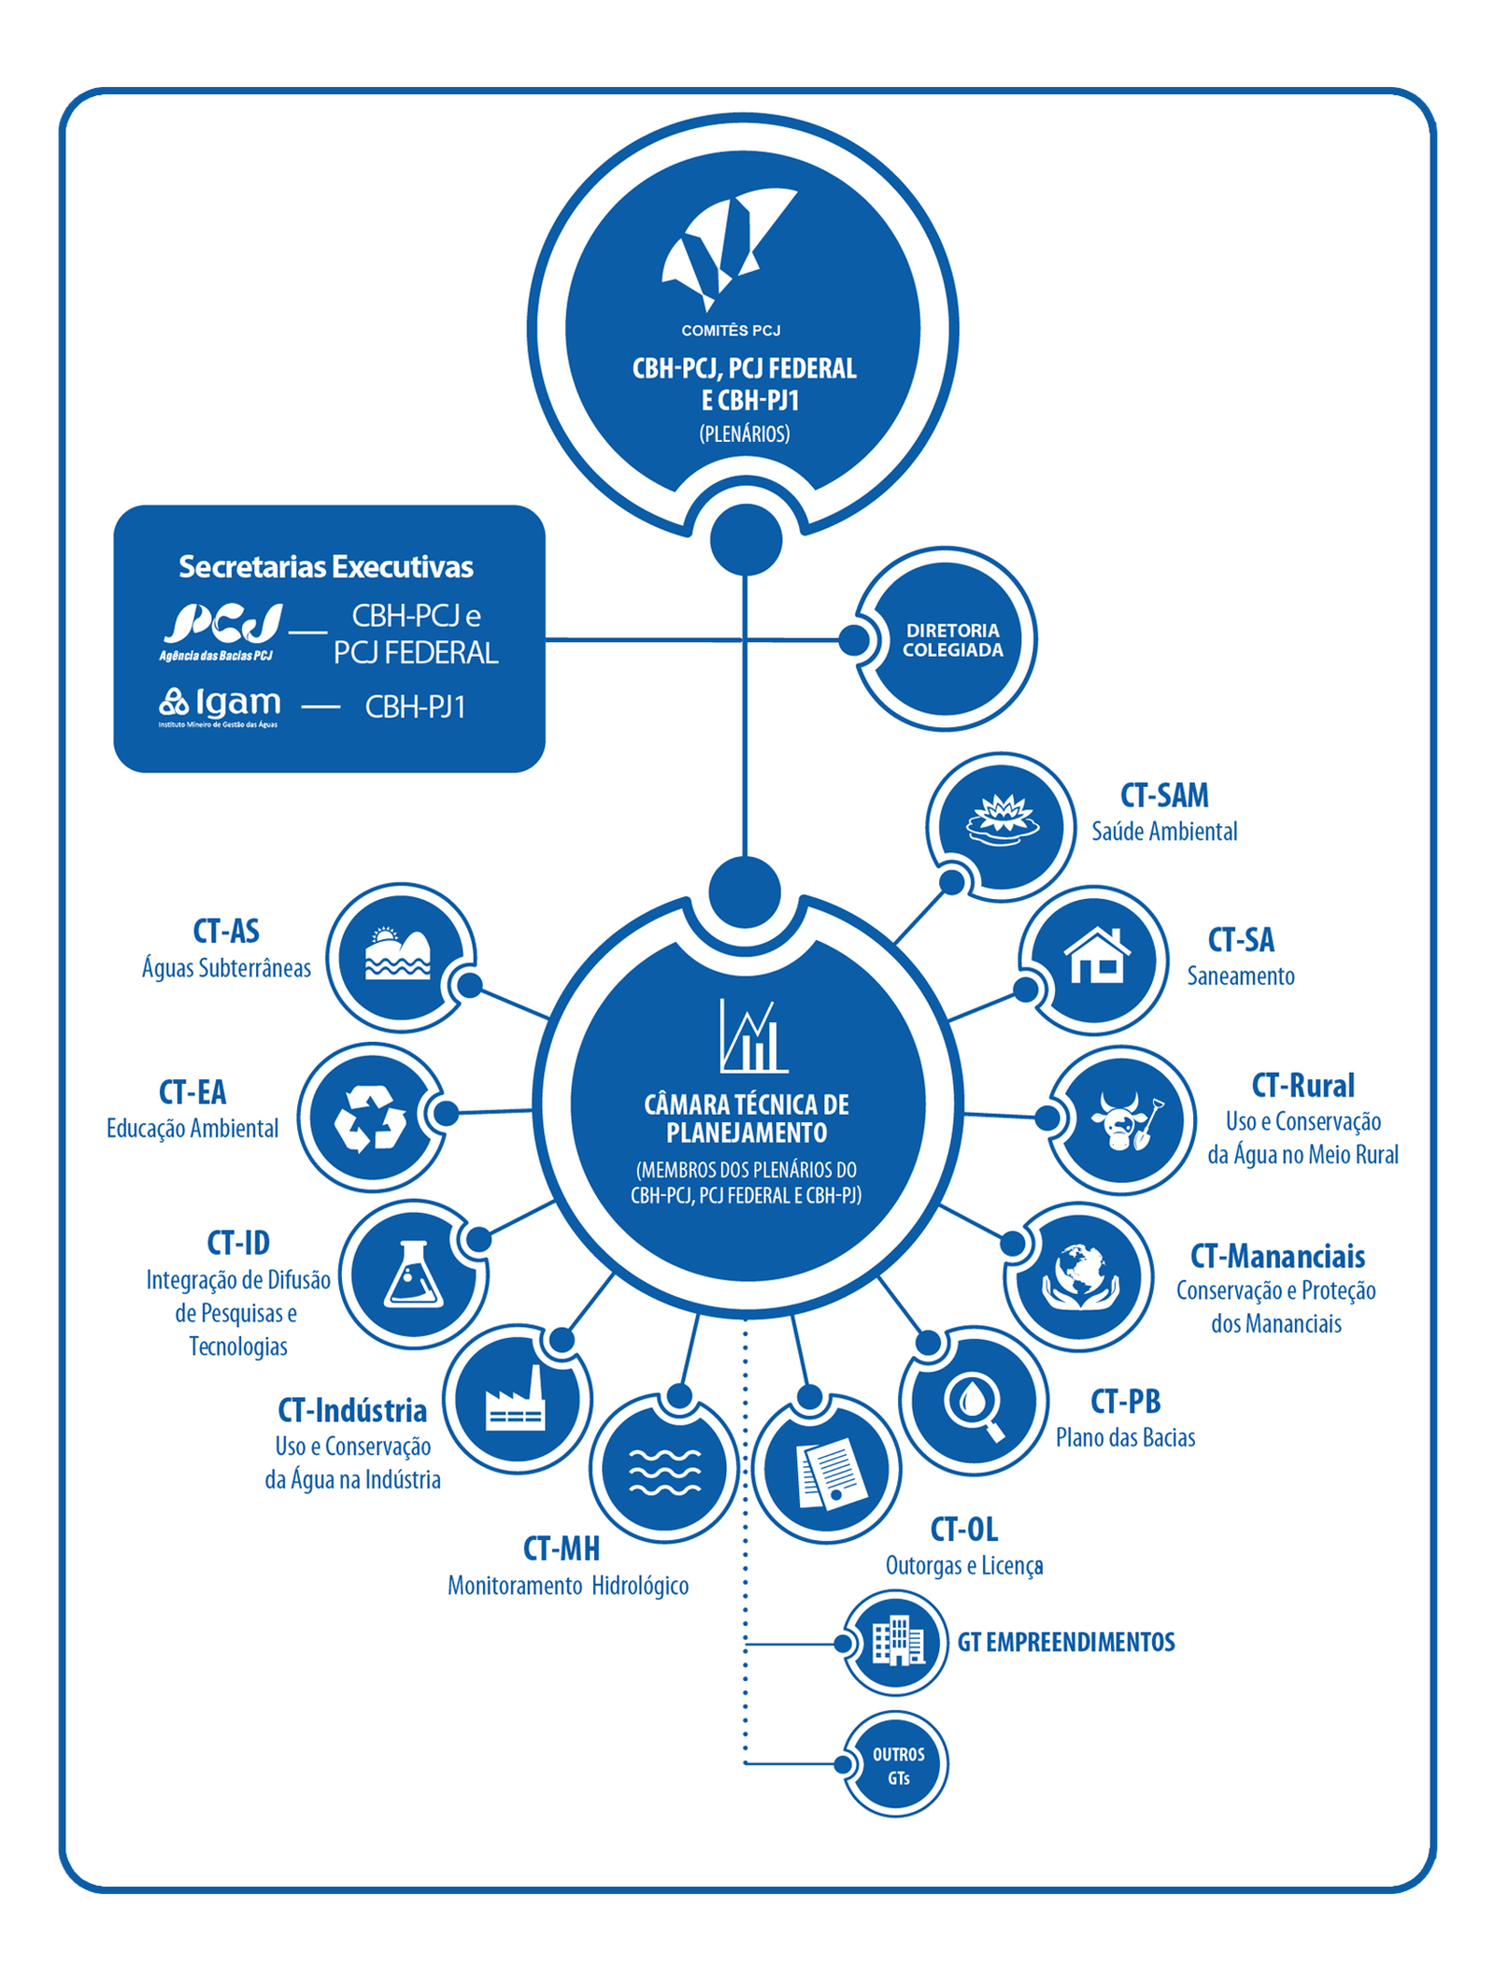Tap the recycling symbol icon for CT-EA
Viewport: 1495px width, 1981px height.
[371, 1118]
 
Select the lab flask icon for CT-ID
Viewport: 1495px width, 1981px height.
[413, 1275]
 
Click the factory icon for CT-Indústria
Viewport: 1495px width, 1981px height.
[515, 1401]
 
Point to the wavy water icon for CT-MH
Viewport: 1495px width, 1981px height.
[664, 1472]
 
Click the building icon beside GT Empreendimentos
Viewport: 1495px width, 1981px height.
[897, 1642]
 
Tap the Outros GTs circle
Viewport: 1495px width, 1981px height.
[898, 1765]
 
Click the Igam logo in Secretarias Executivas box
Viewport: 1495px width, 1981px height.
[220, 705]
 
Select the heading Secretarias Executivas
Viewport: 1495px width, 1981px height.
[326, 567]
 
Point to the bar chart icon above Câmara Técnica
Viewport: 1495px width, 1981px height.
[750, 1037]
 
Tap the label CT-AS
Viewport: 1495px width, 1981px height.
[226, 931]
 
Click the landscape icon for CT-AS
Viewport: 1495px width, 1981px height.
[399, 954]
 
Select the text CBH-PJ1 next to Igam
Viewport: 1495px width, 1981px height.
[415, 707]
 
